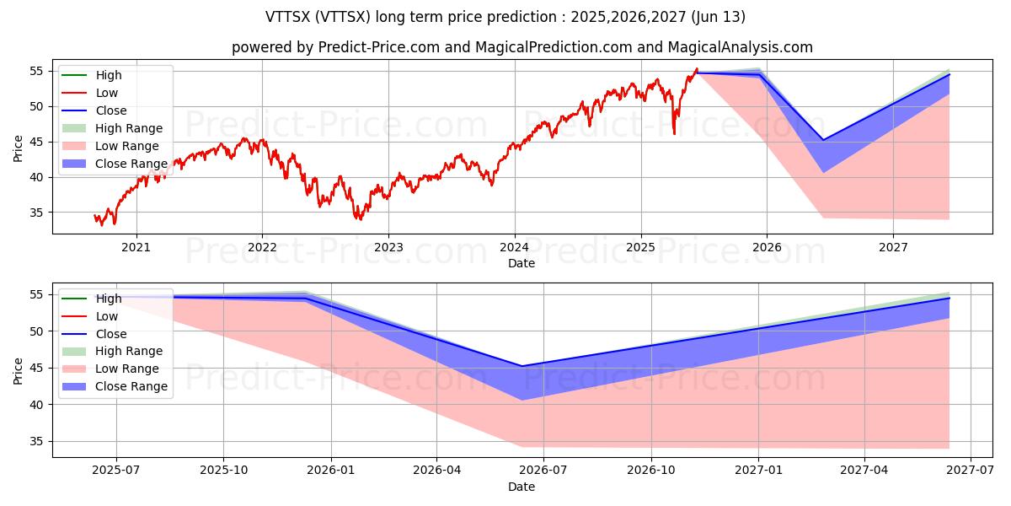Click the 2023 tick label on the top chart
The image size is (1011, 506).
pos(388,247)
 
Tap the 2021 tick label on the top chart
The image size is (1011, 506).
pos(136,247)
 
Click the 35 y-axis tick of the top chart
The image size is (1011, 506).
pos(37,213)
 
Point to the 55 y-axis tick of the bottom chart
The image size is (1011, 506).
pos(37,294)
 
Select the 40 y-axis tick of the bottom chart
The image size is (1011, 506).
pos(37,405)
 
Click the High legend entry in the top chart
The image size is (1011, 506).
pos(107,75)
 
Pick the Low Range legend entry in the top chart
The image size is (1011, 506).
pos(126,146)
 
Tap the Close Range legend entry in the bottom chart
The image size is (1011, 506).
pos(131,386)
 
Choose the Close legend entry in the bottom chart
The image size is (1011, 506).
pos(111,334)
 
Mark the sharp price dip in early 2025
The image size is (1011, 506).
pos(674,132)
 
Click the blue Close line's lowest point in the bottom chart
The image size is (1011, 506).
pos(522,366)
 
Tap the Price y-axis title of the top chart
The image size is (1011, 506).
pos(19,148)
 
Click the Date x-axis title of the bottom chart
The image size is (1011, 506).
pos(521,487)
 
